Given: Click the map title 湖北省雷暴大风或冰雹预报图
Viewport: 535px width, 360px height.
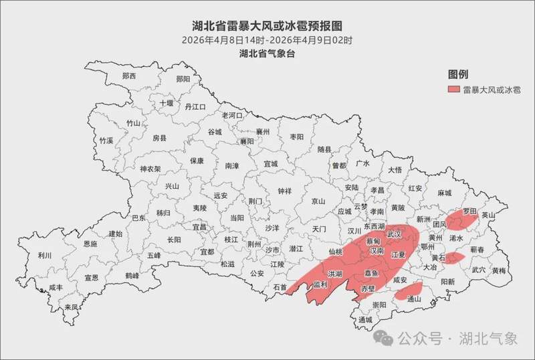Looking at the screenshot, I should (267, 26).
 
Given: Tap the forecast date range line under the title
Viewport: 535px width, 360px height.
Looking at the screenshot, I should (267, 40).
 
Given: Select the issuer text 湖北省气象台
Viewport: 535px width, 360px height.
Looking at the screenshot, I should (267, 54).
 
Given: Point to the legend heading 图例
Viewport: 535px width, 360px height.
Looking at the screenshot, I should (457, 74).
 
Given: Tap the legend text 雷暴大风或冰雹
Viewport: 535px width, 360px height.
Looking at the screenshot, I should (492, 89).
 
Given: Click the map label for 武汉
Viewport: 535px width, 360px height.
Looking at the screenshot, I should (395, 235).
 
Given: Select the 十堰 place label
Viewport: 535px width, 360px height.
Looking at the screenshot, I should (166, 103).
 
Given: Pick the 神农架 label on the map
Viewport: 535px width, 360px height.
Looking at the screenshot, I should (150, 169).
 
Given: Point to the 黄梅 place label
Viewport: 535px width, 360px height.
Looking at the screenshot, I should (499, 271).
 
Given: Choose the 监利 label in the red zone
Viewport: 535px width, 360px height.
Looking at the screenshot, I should (320, 284).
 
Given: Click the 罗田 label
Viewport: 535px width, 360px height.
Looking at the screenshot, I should (469, 211).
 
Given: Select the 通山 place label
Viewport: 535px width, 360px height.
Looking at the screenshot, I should (414, 299).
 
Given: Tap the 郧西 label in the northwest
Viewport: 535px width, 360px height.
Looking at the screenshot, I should (129, 76).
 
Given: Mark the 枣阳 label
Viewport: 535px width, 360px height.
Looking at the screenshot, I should (296, 136).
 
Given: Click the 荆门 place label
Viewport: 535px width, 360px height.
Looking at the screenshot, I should (255, 201).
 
